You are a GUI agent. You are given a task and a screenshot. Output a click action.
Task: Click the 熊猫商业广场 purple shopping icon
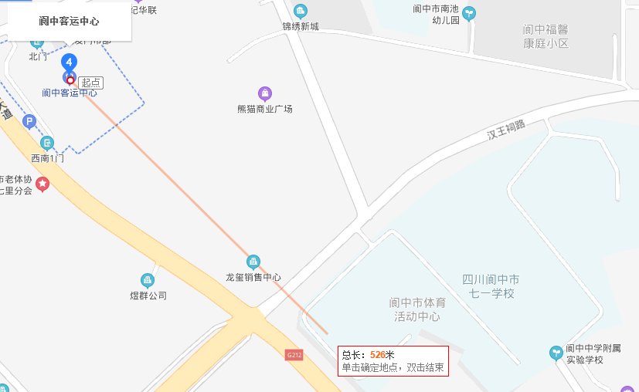click(265, 93)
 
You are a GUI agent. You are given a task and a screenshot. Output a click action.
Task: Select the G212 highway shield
click(293, 355)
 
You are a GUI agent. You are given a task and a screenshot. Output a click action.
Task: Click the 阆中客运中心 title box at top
click(70, 21)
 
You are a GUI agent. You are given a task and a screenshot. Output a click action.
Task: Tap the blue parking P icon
click(29, 121)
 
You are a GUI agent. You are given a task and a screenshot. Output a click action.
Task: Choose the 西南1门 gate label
click(46, 157)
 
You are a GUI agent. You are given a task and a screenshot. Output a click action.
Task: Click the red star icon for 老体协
click(42, 184)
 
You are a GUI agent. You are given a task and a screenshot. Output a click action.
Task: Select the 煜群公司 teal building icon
click(148, 279)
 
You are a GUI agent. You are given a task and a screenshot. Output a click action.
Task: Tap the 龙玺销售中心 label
click(253, 277)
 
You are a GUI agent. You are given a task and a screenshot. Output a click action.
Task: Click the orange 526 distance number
click(378, 354)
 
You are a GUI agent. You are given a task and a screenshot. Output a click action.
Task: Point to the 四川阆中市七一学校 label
click(491, 286)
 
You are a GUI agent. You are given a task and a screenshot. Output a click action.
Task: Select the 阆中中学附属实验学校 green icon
click(555, 352)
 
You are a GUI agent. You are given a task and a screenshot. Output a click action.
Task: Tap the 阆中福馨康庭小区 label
click(546, 37)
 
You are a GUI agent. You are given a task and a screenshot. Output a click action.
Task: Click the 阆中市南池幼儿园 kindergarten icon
click(469, 12)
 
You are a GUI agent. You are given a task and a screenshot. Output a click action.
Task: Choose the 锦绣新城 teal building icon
click(300, 11)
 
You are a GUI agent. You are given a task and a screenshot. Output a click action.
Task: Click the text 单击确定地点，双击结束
click(393, 367)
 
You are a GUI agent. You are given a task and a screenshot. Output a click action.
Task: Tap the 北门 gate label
click(38, 56)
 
